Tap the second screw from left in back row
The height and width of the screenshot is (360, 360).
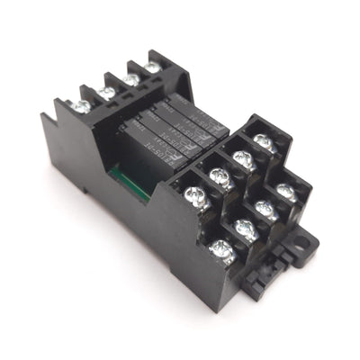tap(107, 91)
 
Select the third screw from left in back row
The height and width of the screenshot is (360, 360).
tap(132, 78)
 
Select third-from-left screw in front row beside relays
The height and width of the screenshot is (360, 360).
tap(241, 158)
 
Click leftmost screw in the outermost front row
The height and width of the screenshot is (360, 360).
tap(220, 251)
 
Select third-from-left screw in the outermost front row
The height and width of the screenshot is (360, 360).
tap(265, 211)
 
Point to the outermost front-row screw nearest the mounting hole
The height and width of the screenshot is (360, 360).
tap(286, 191)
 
